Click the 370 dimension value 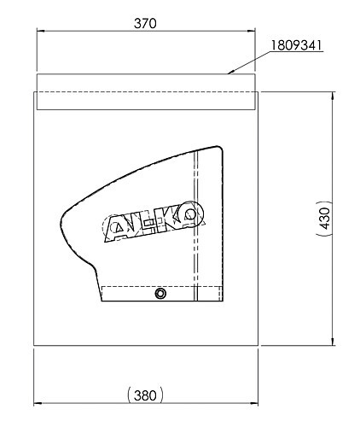[145, 23]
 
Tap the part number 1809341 [296, 45]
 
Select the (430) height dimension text [324, 219]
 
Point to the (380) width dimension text [145, 395]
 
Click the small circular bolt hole [160, 293]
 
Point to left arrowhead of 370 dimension [41, 31]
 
